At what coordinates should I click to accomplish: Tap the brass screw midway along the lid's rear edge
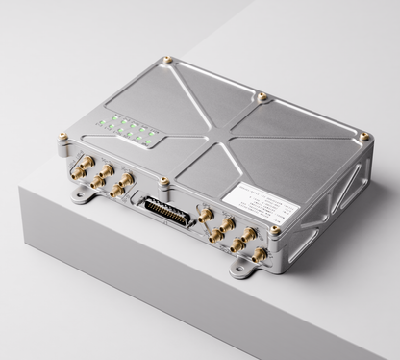pyautogui.click(x=262, y=95)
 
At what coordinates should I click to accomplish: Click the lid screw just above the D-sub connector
pyautogui.click(x=164, y=180)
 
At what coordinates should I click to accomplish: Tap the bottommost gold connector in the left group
pyautogui.click(x=116, y=192)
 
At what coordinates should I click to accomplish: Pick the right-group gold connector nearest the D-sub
pyautogui.click(x=204, y=213)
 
